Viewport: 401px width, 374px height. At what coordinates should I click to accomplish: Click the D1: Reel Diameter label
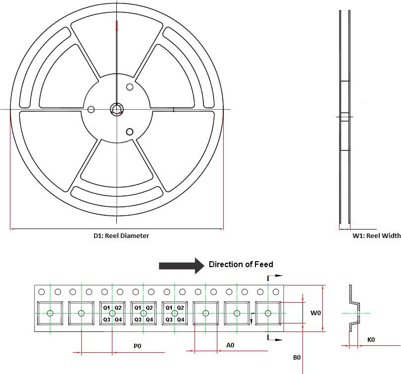tap(121, 235)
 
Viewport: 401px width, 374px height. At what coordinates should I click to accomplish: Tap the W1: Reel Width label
tap(376, 235)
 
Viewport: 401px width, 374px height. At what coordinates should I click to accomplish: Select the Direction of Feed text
tap(241, 264)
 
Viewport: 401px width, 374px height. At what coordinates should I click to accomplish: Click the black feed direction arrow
tap(182, 266)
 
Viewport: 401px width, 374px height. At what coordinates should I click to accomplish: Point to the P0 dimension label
tap(137, 346)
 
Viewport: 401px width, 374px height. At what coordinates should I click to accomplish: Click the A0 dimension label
tap(230, 345)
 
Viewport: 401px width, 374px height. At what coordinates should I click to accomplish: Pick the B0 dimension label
tap(297, 357)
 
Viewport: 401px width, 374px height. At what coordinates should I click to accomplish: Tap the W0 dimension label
tap(315, 313)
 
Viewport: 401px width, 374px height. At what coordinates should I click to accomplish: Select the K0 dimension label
tap(371, 340)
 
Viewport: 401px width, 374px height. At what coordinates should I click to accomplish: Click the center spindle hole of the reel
tap(117, 109)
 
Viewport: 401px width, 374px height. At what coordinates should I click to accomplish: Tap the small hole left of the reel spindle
tap(91, 110)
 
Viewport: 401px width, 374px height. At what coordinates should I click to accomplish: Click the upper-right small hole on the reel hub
tap(130, 87)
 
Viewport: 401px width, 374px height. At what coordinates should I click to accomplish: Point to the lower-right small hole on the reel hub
tap(130, 132)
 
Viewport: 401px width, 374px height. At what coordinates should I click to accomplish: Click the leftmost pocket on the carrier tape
tap(50, 313)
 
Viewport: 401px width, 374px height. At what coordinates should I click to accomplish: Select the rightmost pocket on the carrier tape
tap(268, 313)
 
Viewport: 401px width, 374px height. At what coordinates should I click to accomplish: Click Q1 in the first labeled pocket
tap(106, 308)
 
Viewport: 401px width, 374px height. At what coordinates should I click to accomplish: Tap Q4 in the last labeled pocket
tap(181, 320)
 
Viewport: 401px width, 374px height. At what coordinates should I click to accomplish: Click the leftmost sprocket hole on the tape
tap(42, 292)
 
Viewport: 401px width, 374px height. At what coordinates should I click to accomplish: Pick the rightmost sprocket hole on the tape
tap(276, 292)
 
